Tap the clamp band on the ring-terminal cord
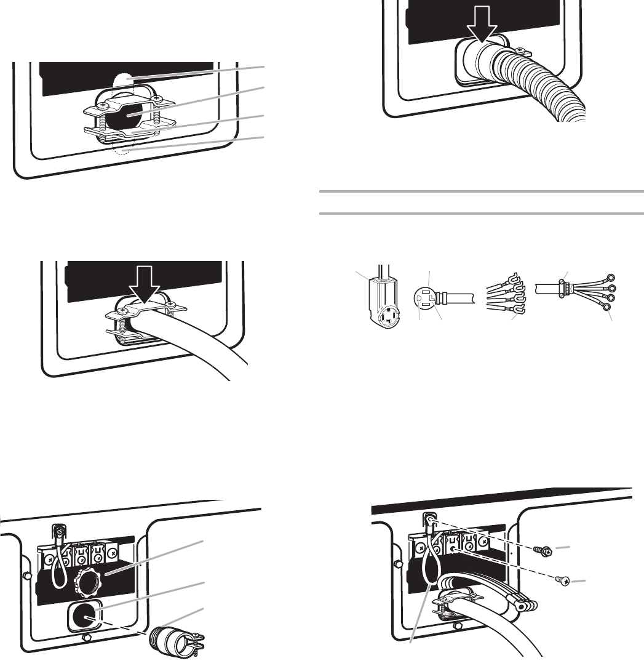pyautogui.click(x=563, y=286)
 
